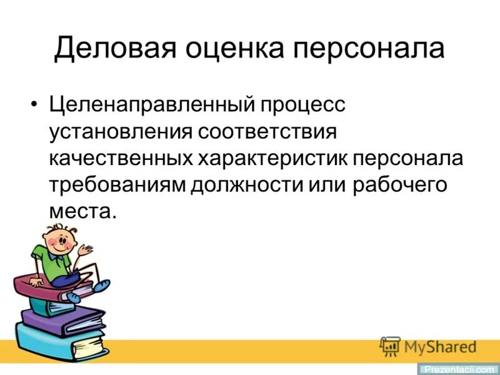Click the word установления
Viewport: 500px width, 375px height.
(120, 131)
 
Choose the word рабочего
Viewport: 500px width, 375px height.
(403, 185)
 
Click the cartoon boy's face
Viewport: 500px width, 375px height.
(58, 242)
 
